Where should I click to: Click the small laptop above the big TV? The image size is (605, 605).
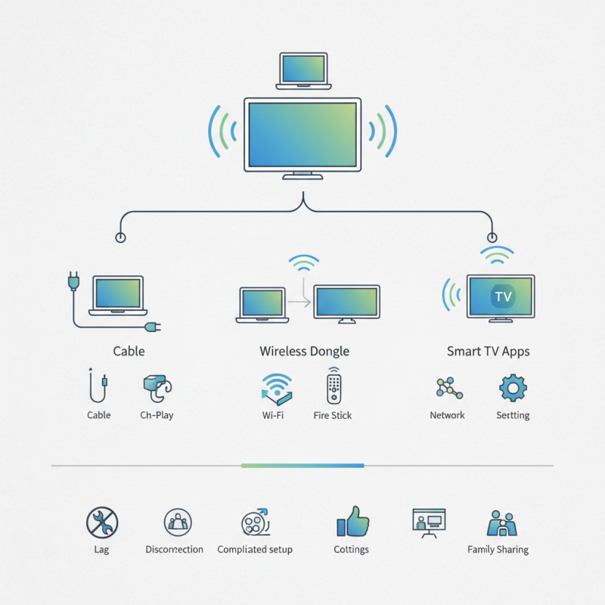[302, 69]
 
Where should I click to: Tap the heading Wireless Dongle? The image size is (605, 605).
[304, 351]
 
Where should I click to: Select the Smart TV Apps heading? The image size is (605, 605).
[488, 351]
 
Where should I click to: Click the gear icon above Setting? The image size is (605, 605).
[513, 387]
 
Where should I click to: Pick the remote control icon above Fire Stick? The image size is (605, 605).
[333, 386]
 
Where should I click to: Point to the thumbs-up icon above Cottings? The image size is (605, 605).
[351, 522]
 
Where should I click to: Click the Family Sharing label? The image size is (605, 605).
[498, 549]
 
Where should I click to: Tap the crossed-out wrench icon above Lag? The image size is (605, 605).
[102, 522]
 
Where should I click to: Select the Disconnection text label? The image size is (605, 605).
[174, 549]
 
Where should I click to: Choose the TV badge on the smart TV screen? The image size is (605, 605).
[502, 296]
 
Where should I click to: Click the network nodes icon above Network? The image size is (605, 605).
[447, 387]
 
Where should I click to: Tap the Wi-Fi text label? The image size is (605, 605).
[273, 415]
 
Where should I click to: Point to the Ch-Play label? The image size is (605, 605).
[157, 415]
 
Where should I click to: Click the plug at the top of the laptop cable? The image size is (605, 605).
[73, 282]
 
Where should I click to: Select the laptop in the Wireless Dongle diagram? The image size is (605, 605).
[262, 304]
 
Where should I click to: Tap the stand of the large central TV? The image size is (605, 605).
[302, 175]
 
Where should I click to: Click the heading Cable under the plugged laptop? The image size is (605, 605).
[129, 351]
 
